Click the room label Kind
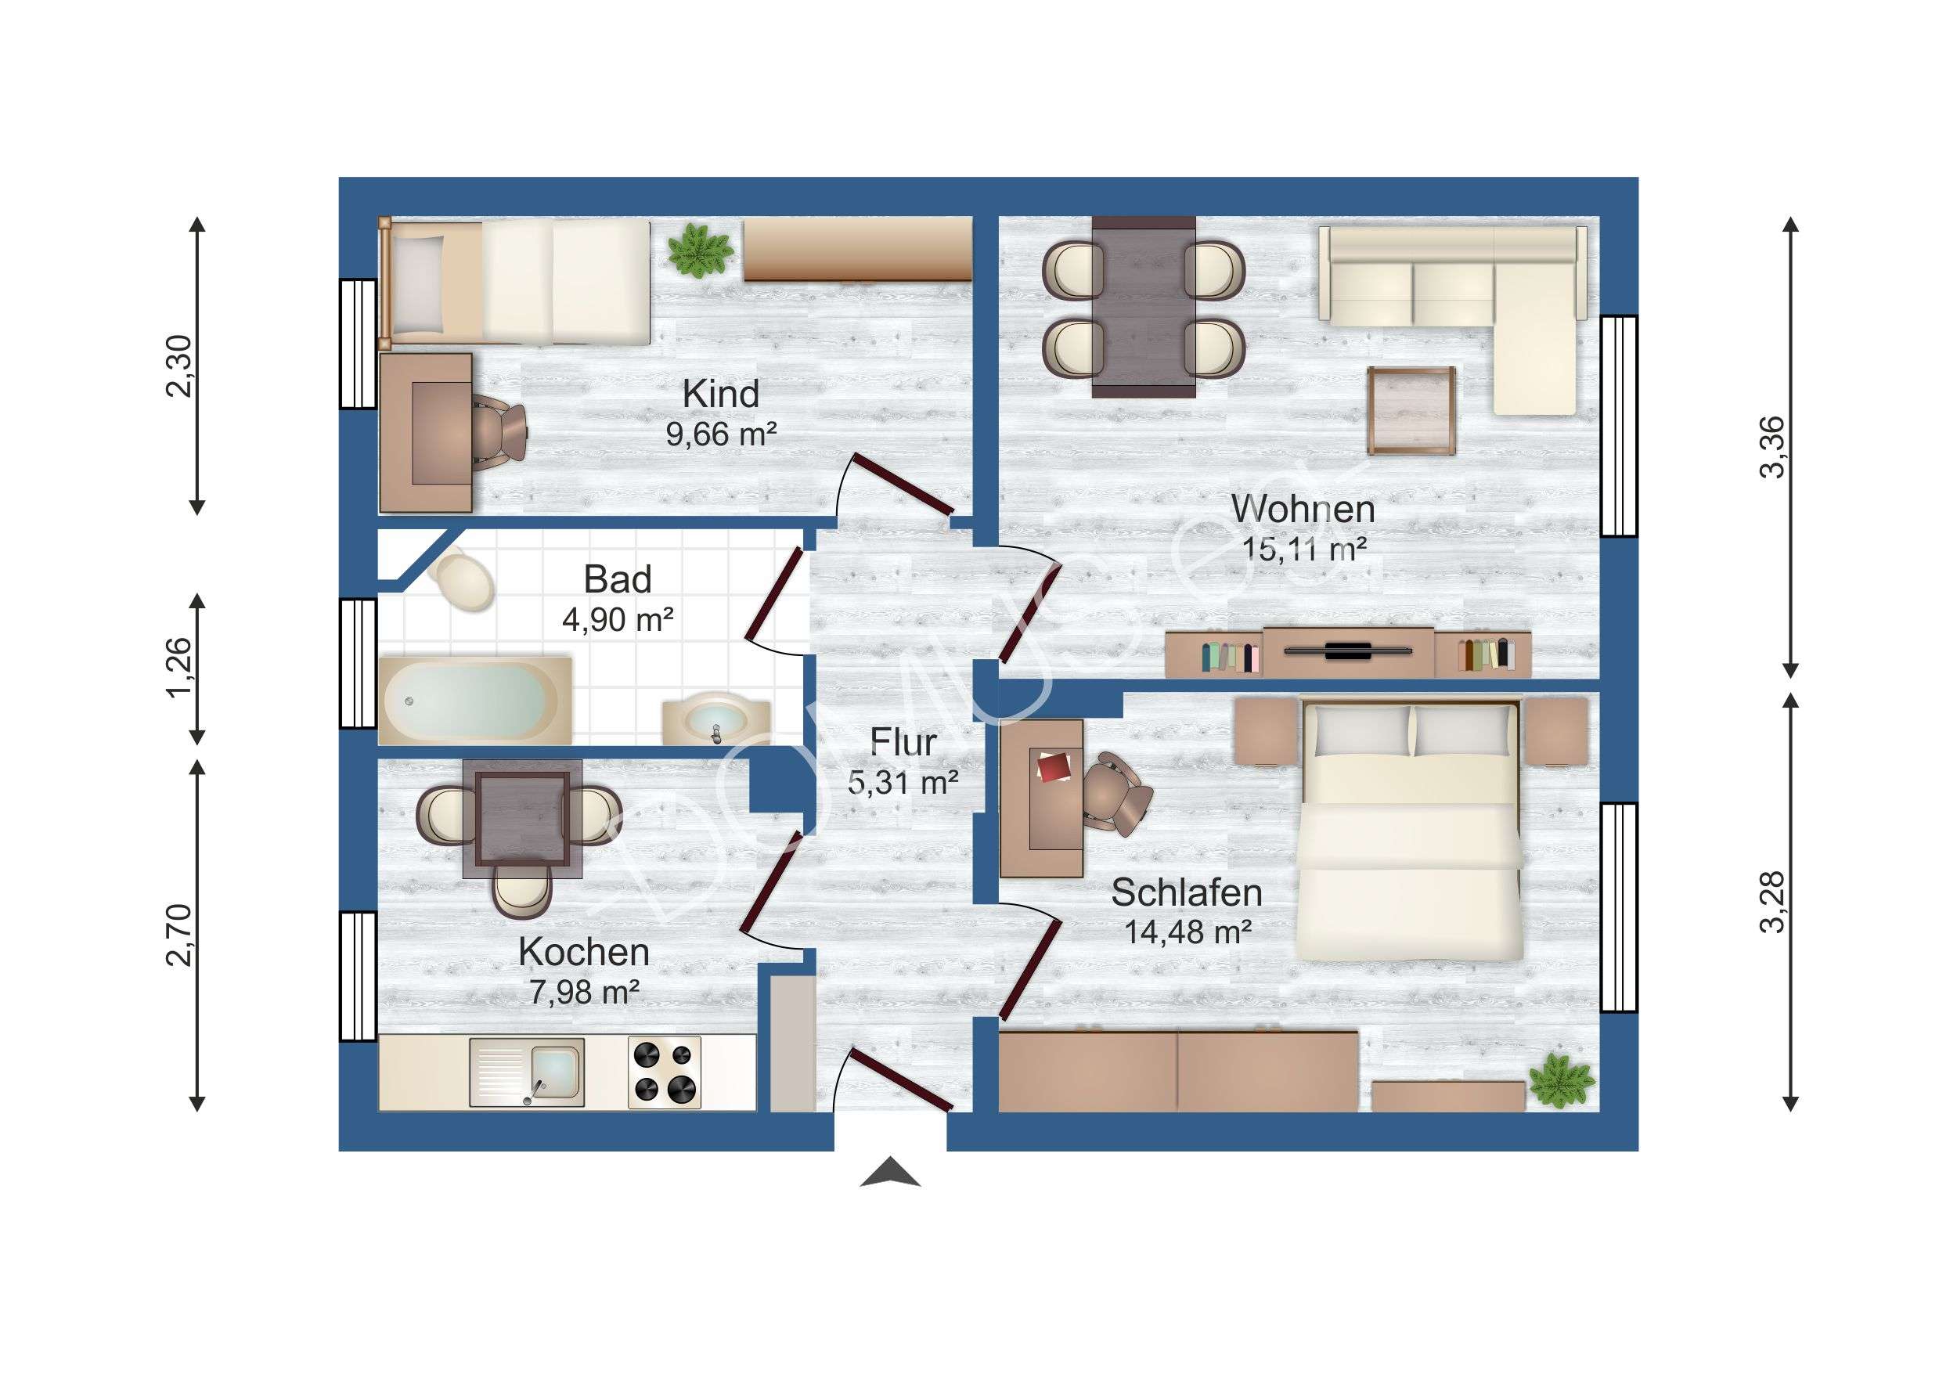pyautogui.click(x=720, y=394)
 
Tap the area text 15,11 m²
pyautogui.click(x=1304, y=549)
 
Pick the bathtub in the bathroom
pyautogui.click(x=474, y=699)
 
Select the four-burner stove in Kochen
pyautogui.click(x=664, y=1072)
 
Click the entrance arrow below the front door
pyautogui.click(x=890, y=1172)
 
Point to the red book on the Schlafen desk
pyautogui.click(x=1054, y=766)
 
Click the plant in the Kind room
pyautogui.click(x=700, y=250)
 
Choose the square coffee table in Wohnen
pyautogui.click(x=1411, y=411)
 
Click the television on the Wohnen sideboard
pyautogui.click(x=1347, y=651)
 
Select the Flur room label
pyautogui.click(x=903, y=742)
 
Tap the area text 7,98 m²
pyautogui.click(x=585, y=992)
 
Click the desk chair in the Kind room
pyautogui.click(x=499, y=433)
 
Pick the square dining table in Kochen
pyautogui.click(x=522, y=819)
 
